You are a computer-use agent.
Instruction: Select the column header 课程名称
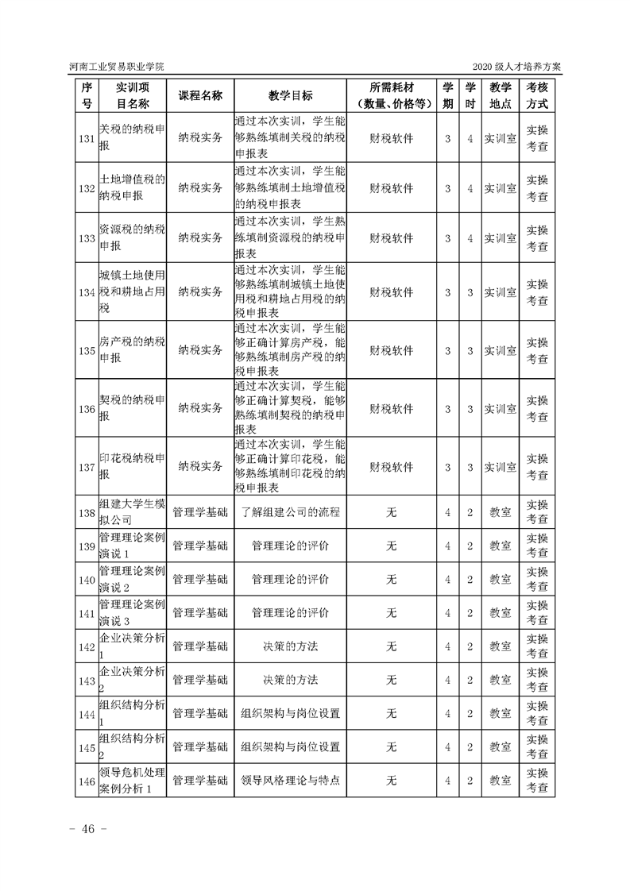pos(200,95)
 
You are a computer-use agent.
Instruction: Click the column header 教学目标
pos(290,95)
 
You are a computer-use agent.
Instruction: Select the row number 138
pos(87,512)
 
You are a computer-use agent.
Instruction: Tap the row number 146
pos(87,781)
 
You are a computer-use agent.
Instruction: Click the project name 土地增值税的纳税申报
pos(131,187)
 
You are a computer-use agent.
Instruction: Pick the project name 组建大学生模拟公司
pos(131,512)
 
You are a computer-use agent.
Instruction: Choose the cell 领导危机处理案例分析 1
pos(131,781)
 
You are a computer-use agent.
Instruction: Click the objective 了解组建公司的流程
pos(290,512)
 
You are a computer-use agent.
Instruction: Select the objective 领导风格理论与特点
pos(290,781)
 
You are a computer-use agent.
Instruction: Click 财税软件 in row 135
pos(391,349)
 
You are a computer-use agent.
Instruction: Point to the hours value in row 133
pos(470,237)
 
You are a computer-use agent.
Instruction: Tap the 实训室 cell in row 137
pos(501,466)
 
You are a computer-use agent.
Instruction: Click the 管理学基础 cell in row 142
pos(200,646)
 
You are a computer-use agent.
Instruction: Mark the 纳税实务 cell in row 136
pos(200,408)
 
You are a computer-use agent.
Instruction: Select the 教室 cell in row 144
pos(501,713)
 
